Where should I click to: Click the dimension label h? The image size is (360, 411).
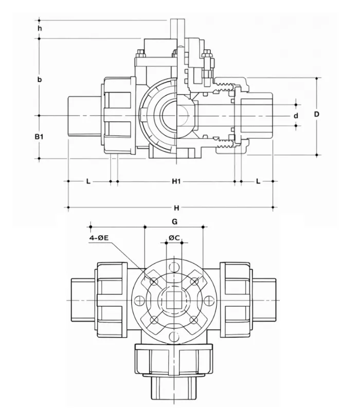tap(40, 28)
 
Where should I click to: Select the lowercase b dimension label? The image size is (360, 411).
tap(40, 80)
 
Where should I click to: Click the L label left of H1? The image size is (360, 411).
tap(88, 181)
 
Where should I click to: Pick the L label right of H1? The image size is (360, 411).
tap(257, 181)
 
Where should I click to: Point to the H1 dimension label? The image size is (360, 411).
tap(176, 181)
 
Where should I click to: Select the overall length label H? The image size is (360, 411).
tap(176, 208)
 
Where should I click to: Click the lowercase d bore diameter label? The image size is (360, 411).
tap(296, 116)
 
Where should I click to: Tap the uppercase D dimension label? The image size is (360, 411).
tap(317, 115)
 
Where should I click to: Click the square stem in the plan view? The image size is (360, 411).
tap(174, 300)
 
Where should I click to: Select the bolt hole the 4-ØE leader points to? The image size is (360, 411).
tap(154, 281)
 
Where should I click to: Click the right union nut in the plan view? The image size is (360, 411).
tap(237, 299)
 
